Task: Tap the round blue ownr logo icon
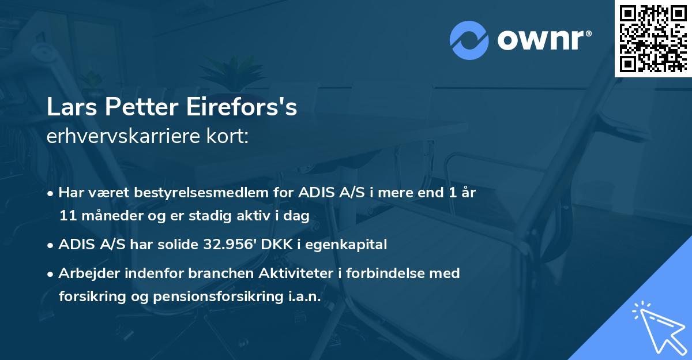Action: click(469, 40)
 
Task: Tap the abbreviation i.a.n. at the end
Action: click(302, 296)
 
